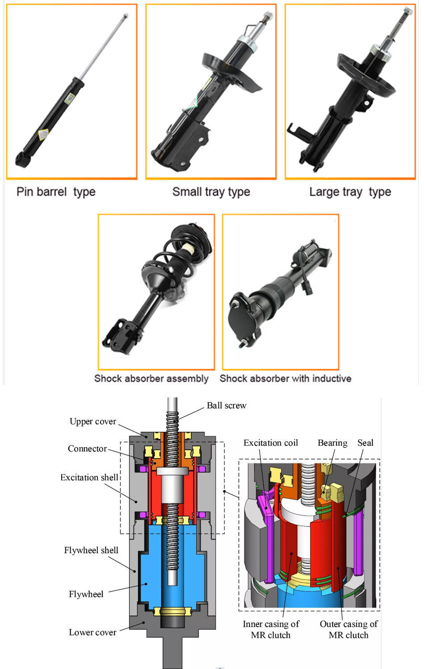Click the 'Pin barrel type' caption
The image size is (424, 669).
click(x=56, y=192)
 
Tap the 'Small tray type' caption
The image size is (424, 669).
click(x=211, y=192)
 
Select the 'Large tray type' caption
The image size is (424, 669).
click(x=350, y=192)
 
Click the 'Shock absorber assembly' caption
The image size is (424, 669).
click(x=151, y=379)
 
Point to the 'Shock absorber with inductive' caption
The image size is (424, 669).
click(x=285, y=379)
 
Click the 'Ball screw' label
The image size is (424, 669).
click(x=226, y=405)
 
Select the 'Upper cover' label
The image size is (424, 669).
click(x=93, y=421)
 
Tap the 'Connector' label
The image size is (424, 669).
click(x=87, y=449)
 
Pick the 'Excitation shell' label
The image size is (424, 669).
click(x=89, y=477)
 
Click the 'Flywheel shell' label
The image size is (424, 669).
click(x=91, y=550)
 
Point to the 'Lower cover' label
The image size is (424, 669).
click(x=92, y=632)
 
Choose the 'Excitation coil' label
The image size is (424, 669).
click(x=270, y=443)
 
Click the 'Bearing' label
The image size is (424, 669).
click(x=333, y=443)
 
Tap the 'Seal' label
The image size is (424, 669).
click(x=365, y=443)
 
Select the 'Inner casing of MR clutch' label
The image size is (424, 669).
click(x=271, y=629)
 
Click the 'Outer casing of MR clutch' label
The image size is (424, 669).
click(x=349, y=629)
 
